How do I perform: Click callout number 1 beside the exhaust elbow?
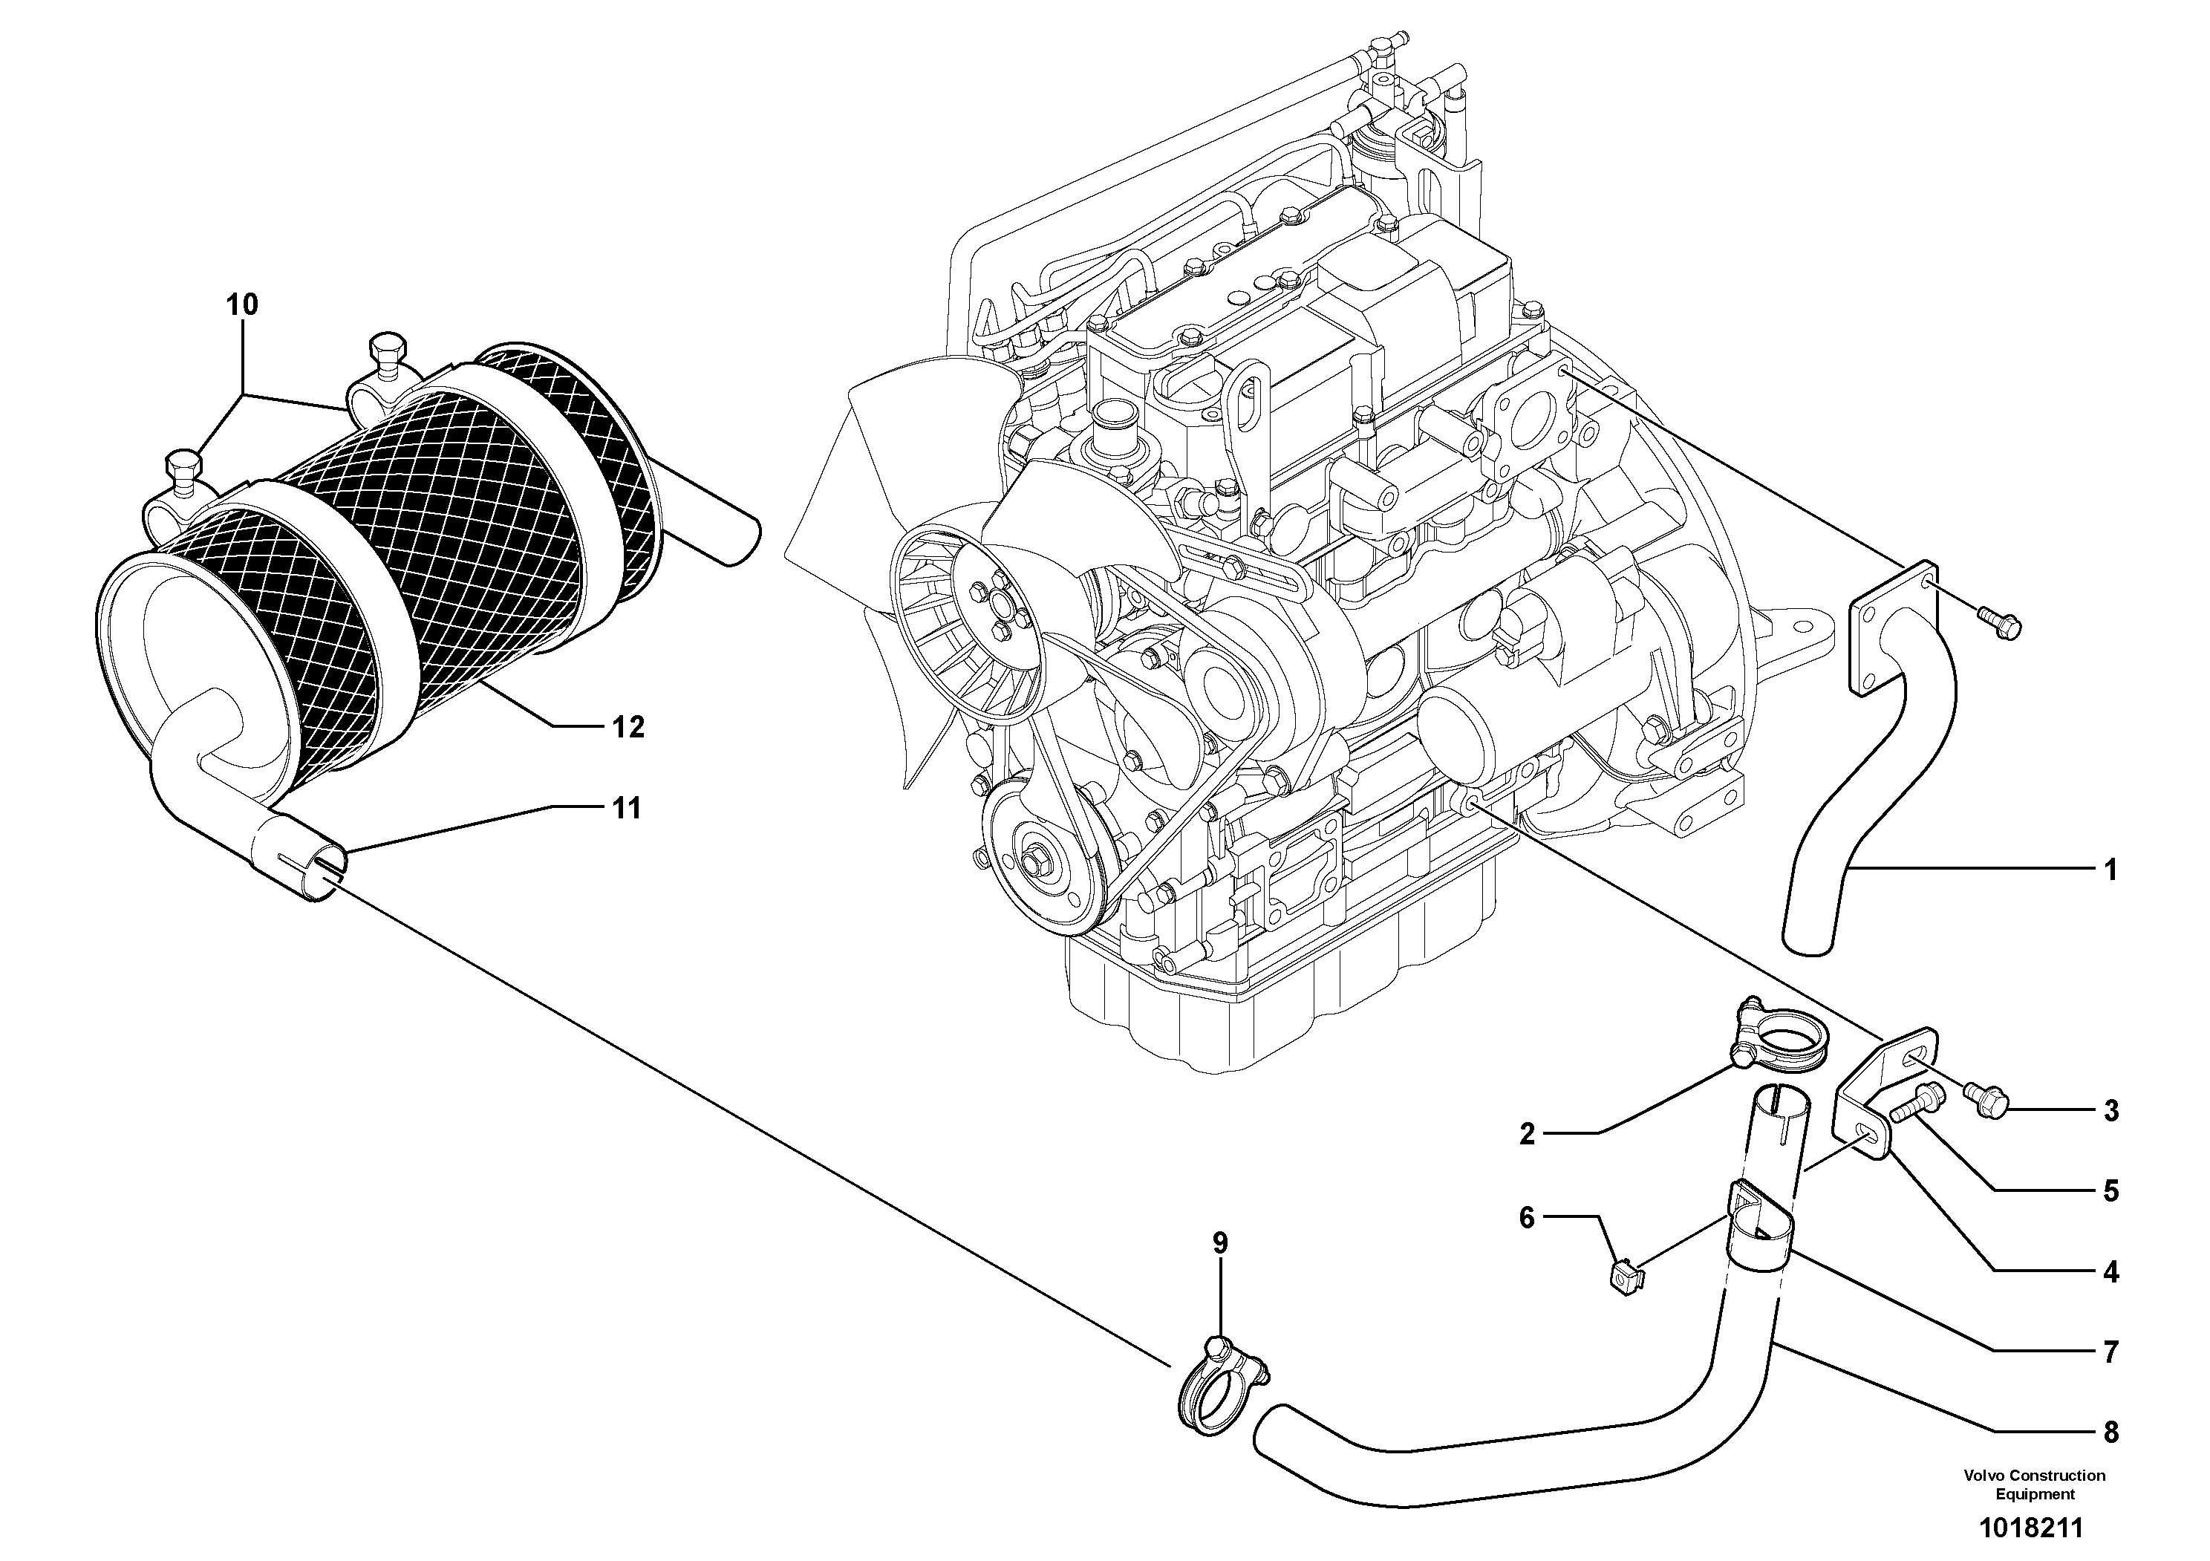tap(2110, 871)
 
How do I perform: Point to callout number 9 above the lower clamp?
tap(1219, 1242)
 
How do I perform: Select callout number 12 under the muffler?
tap(628, 726)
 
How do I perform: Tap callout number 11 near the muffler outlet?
tap(627, 809)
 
